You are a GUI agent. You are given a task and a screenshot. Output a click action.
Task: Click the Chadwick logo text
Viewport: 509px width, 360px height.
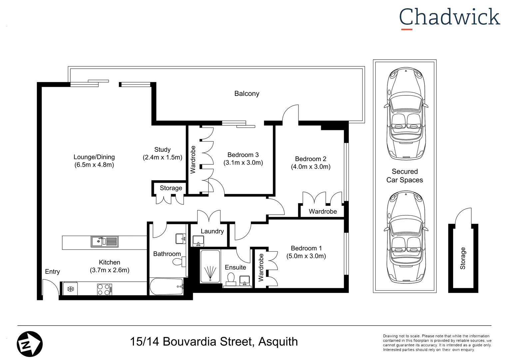449,17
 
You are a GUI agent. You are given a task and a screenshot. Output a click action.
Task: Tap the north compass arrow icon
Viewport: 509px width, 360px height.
30,344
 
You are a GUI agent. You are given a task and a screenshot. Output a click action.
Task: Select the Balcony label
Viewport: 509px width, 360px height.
247,94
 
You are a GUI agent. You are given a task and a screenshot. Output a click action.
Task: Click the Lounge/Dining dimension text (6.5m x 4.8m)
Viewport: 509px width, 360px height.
94,165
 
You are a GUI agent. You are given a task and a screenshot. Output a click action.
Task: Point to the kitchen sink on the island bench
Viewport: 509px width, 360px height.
104,241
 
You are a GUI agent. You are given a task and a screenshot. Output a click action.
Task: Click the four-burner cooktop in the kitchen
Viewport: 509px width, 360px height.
104,289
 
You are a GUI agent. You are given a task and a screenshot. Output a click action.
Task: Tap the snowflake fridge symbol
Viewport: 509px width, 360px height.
71,289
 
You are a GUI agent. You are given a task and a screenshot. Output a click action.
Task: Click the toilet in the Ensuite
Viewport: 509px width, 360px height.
231,279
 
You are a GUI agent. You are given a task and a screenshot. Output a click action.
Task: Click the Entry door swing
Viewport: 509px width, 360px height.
50,287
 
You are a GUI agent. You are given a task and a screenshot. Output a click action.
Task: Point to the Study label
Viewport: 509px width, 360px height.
162,150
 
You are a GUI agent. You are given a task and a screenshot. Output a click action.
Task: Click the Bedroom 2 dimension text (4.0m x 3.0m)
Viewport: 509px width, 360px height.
310,167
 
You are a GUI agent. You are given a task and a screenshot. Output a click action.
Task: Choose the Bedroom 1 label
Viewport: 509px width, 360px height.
306,248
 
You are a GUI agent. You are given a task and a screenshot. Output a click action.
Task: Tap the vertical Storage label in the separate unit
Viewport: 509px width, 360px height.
463,258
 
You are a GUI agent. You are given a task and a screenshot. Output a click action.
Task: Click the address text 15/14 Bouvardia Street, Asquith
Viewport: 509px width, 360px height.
214,342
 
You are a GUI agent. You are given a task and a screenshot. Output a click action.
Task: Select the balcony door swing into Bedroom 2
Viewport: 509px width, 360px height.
290,113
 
